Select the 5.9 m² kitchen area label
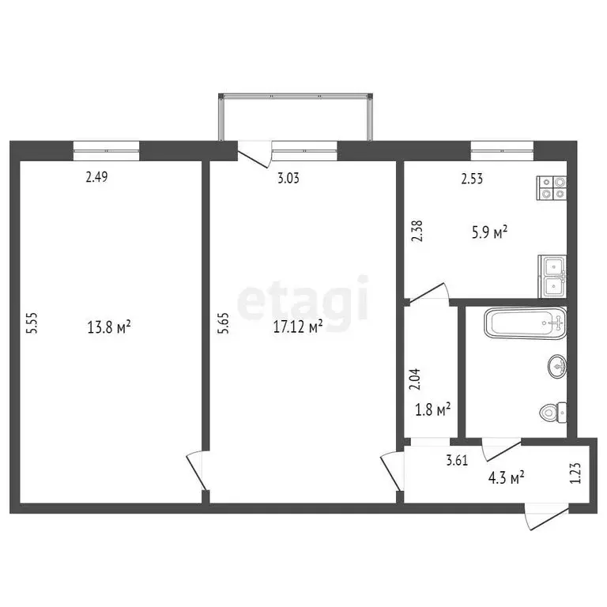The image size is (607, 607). coord(489,232)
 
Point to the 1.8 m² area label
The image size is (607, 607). coord(433,409)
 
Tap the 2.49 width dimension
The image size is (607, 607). coord(96,178)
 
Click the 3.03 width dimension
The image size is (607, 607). coord(288,178)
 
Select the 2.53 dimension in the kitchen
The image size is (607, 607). coord(473,179)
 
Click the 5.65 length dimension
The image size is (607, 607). coord(223,326)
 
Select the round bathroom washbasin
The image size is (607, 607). coord(556,365)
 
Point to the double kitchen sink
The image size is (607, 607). coord(552,276)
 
